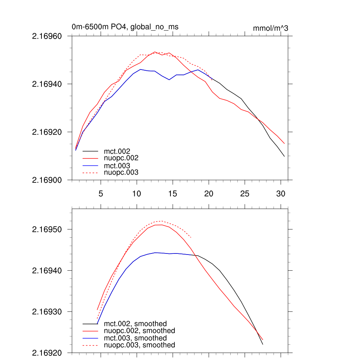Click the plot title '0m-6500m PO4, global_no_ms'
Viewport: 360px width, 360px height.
pyautogui.click(x=127, y=27)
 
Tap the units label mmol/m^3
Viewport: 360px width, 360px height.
pyautogui.click(x=270, y=28)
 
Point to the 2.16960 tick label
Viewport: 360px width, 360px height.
pyautogui.click(x=47, y=36)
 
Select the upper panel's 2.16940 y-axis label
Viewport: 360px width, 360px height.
pyautogui.click(x=47, y=84)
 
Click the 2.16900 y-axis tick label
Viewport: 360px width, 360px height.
pyautogui.click(x=47, y=180)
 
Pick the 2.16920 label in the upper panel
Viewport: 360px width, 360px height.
pyautogui.click(x=47, y=132)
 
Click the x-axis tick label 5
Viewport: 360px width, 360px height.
pyautogui.click(x=101, y=193)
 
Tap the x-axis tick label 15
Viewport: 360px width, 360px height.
pyautogui.click(x=172, y=193)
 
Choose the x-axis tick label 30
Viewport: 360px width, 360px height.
pyautogui.click(x=281, y=193)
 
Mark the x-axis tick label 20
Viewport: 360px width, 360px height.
pyautogui.click(x=208, y=193)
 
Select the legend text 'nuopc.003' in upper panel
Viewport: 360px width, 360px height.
pyautogui.click(x=121, y=172)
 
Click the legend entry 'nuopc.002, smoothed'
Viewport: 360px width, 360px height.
pyautogui.click(x=140, y=331)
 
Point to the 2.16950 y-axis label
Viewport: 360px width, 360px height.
pyautogui.click(x=47, y=229)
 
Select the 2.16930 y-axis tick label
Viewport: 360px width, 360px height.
pyautogui.click(x=47, y=311)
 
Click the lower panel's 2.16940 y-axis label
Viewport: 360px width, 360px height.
pyautogui.click(x=47, y=270)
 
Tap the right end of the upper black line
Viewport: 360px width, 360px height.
pyautogui.click(x=284, y=156)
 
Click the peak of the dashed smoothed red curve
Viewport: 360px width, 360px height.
pyautogui.click(x=161, y=221)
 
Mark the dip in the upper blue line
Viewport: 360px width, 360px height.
pyautogui.click(x=169, y=80)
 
